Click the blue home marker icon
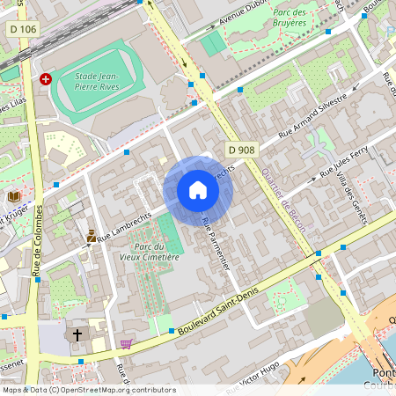point(197,190)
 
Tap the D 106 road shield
point(24,29)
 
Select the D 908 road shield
point(240,150)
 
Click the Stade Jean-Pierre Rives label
point(97,82)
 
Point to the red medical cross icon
point(46,78)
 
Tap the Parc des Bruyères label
point(295,18)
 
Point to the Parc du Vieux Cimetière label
point(150,252)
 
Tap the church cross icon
point(77,335)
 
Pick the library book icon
point(14,195)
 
